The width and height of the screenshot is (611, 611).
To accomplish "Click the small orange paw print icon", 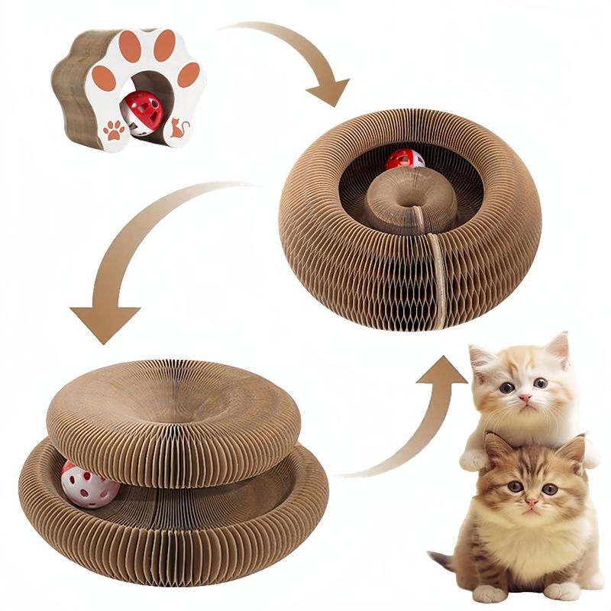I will [x=115, y=131].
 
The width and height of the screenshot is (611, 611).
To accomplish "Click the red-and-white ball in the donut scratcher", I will [x=404, y=159].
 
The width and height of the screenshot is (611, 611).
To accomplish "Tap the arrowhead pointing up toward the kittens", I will [x=441, y=372].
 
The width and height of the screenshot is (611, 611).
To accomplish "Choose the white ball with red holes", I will [x=89, y=484].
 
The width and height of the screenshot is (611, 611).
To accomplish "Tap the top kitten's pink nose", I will [x=525, y=399].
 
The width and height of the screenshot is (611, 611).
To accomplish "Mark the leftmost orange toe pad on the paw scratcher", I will [x=104, y=77].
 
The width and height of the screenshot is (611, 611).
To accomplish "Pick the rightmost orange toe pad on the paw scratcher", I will [x=188, y=74].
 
